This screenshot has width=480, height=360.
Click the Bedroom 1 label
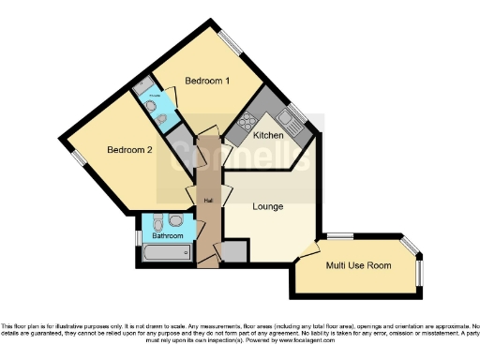(207, 82)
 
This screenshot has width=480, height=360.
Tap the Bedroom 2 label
(128, 150)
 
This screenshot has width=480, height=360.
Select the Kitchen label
(268, 136)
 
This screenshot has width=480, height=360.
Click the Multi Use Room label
(357, 265)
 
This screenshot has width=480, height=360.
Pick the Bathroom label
(169, 236)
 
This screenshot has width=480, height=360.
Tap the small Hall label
(207, 198)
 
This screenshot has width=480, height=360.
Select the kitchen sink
(293, 119)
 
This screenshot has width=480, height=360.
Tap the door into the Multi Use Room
(306, 250)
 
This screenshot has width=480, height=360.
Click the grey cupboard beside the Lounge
(235, 250)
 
